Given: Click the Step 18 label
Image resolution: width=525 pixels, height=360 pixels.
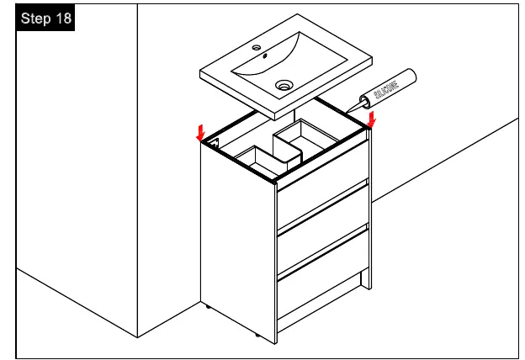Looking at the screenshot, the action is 45,18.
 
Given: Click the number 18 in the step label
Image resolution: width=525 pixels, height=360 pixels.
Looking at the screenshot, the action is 63,18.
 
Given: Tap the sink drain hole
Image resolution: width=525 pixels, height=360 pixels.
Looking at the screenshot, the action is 284,85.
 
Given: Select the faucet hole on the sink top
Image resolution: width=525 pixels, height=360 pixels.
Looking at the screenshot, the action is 257,48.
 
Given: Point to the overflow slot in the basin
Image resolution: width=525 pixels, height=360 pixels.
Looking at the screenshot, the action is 265,56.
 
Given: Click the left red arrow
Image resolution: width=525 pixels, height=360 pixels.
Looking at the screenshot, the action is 200,133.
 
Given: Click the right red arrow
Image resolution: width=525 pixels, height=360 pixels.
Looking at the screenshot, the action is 371,119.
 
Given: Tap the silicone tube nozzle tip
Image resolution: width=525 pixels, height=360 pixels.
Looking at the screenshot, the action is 346,112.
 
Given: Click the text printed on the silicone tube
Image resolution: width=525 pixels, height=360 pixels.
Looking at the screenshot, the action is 386,90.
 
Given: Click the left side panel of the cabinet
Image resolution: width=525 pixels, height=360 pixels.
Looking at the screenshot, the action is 238,241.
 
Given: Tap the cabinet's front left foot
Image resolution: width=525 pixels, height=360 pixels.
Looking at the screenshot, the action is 257,335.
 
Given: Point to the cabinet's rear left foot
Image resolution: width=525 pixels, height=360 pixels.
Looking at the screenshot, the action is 208,306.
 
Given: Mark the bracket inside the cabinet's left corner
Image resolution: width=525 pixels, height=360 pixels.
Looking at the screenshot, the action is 214,143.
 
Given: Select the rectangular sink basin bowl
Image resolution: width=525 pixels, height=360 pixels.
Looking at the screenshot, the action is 289,65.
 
